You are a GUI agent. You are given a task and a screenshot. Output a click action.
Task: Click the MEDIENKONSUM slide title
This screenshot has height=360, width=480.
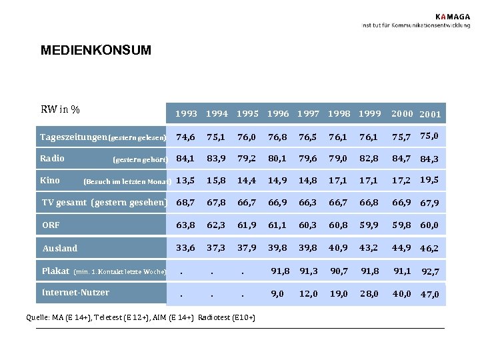(95, 50)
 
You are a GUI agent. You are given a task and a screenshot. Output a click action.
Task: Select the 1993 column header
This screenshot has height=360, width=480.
(186, 114)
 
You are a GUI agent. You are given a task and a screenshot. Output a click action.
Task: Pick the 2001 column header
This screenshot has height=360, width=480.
(430, 115)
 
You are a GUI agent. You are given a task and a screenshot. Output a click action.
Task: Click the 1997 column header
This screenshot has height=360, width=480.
(308, 114)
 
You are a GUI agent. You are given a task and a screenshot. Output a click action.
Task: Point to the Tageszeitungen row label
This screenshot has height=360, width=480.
(73, 137)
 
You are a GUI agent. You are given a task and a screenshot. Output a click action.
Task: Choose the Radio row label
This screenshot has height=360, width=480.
(52, 158)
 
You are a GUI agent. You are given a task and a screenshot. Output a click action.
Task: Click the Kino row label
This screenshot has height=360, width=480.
(50, 180)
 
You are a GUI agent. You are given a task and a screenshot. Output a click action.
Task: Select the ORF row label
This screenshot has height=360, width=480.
(51, 225)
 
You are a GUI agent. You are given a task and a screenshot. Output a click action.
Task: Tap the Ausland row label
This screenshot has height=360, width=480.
(60, 248)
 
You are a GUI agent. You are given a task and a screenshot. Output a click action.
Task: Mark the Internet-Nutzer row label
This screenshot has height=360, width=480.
(75, 292)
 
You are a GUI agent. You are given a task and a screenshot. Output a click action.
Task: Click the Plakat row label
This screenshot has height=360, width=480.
(55, 271)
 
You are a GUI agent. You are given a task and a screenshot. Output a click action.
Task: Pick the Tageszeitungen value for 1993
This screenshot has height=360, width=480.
(186, 137)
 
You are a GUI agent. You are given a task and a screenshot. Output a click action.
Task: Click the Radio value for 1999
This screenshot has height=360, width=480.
(369, 159)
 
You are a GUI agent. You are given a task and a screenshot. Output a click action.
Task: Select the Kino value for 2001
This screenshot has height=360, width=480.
(430, 179)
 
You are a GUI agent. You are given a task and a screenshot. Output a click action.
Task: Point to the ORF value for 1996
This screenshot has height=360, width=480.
(277, 225)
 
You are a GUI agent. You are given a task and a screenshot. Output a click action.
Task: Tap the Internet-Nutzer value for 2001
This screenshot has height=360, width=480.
(430, 294)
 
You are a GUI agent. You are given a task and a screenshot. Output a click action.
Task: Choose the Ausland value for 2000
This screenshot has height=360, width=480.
(401, 248)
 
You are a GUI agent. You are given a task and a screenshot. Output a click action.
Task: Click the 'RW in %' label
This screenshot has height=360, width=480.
(61, 109)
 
